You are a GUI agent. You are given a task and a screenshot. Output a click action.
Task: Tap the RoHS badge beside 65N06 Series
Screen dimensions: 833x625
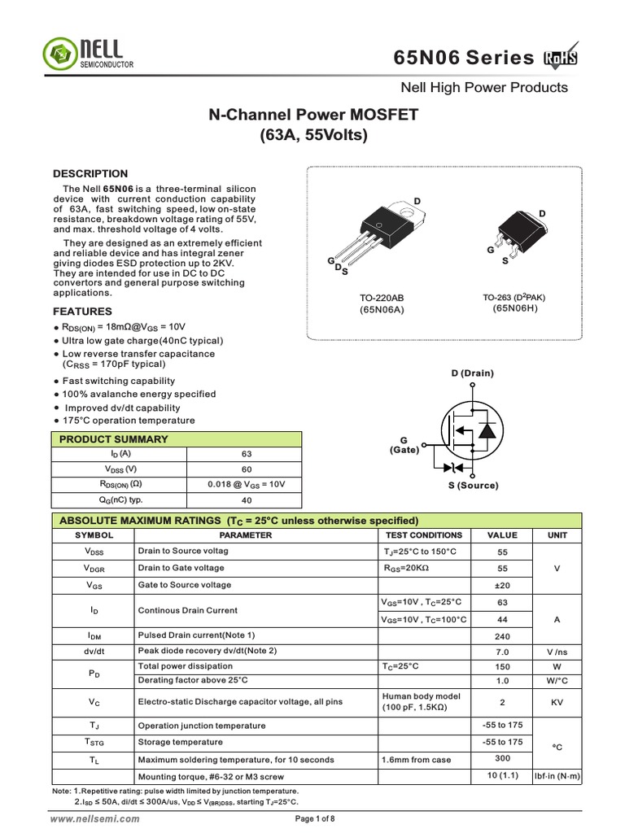coord(562,58)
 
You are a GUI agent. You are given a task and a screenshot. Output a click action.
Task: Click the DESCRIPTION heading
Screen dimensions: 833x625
coord(90,173)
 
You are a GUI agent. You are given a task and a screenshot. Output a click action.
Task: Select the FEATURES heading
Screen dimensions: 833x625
coord(82,312)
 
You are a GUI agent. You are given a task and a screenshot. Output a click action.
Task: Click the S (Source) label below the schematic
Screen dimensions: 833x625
coord(473,486)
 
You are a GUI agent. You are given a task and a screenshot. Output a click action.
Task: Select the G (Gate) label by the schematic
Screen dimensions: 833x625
coord(404,444)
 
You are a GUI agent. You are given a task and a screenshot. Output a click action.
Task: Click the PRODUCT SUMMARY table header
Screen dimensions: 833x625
coord(114,439)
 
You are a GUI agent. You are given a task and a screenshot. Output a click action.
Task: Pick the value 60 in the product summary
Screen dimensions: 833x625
coord(247,469)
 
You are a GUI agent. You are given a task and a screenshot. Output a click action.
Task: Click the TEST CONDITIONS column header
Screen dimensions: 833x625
coord(423,535)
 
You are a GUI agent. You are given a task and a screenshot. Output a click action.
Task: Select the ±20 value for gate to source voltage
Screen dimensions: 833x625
coord(502,585)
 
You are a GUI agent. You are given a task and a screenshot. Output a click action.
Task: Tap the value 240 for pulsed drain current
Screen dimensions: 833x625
coord(502,636)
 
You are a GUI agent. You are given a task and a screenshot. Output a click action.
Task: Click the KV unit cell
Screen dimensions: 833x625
coord(557,702)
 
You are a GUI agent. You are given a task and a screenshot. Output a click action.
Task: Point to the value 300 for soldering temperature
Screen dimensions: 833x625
coord(502,757)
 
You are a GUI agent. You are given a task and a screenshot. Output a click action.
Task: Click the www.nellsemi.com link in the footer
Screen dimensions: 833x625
coord(95,819)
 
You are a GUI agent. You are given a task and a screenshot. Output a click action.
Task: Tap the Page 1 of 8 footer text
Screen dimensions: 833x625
coord(315,819)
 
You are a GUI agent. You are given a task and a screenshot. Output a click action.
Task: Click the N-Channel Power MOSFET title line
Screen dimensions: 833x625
coord(314,116)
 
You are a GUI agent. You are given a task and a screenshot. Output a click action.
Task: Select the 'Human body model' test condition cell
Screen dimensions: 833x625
coord(421,696)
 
